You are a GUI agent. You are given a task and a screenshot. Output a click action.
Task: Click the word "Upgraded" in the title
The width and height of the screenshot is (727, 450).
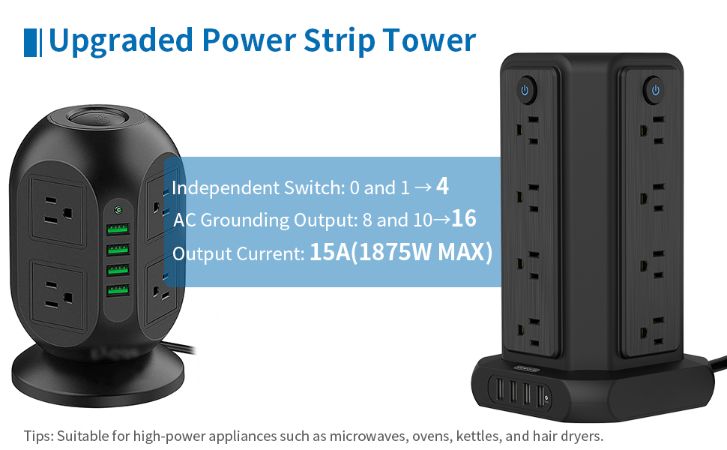pyautogui.click(x=118, y=40)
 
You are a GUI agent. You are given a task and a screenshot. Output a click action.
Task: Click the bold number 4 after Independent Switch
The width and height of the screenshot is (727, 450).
pyautogui.click(x=442, y=186)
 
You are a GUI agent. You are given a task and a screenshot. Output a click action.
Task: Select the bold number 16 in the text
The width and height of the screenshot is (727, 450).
pyautogui.click(x=464, y=219)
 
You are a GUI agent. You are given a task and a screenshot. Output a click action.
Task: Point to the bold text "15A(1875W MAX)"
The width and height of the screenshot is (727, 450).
pyautogui.click(x=401, y=253)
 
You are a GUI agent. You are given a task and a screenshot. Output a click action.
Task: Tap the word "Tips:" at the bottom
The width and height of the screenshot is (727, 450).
pyautogui.click(x=39, y=435)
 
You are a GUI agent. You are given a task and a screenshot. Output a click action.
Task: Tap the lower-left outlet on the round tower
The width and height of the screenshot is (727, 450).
pyautogui.click(x=56, y=294)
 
